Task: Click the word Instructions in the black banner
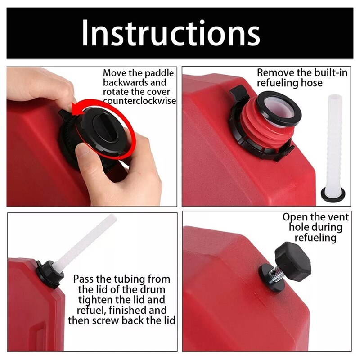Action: click(x=171, y=33)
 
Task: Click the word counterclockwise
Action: click(x=139, y=101)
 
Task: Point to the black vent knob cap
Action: click(x=293, y=261)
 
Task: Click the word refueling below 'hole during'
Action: click(x=315, y=238)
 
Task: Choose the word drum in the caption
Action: click(x=153, y=290)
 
